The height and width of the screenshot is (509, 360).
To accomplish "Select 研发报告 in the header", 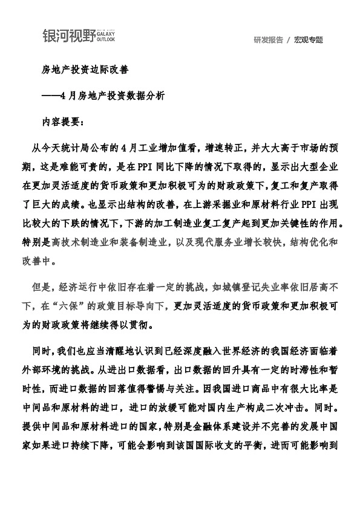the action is pos(268,40).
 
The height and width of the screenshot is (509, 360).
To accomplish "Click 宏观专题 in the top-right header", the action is pos(309,40).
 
